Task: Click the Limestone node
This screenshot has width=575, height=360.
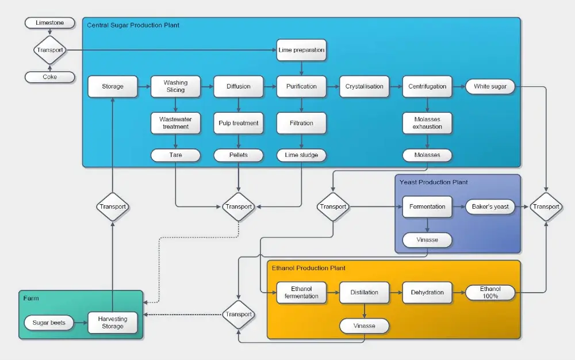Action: [50, 23]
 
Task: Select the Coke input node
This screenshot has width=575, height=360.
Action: [50, 76]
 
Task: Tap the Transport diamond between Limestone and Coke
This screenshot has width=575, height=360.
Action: [50, 50]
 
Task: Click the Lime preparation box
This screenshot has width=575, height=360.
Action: [301, 50]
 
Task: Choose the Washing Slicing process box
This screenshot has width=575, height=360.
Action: [175, 86]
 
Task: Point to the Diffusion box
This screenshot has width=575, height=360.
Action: [238, 86]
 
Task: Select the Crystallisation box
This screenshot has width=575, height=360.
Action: [364, 86]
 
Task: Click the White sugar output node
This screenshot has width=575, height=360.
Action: [490, 86]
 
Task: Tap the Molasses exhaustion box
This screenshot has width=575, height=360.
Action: [427, 122]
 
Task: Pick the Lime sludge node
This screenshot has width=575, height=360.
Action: [301, 155]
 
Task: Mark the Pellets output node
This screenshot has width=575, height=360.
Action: [238, 155]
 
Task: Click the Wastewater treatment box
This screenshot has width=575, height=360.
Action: [175, 122]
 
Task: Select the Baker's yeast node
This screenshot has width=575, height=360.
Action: [490, 206]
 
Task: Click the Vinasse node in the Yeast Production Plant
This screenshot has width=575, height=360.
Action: [427, 239]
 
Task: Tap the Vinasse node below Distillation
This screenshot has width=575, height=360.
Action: [364, 326]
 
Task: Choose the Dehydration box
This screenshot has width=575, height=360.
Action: [427, 292]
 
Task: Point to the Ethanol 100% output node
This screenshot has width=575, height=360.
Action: [490, 292]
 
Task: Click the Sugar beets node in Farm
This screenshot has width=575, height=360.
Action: [49, 323]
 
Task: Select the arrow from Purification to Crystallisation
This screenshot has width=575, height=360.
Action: [333, 86]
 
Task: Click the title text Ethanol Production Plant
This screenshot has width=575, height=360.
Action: [309, 268]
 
